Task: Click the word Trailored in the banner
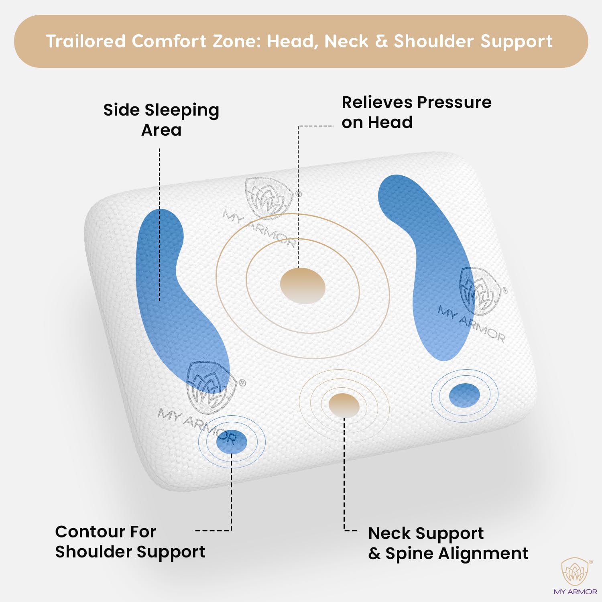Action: click(x=86, y=41)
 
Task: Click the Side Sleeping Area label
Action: click(x=161, y=120)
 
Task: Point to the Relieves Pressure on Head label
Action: click(x=417, y=112)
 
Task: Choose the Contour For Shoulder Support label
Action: click(x=130, y=542)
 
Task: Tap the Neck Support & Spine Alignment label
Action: click(x=448, y=543)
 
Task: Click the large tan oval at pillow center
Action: click(x=303, y=286)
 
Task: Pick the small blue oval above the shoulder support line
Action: click(x=232, y=441)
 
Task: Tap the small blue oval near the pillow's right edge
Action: click(x=464, y=395)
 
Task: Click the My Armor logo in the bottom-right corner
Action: click(x=576, y=576)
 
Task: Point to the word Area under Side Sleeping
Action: click(x=161, y=130)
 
